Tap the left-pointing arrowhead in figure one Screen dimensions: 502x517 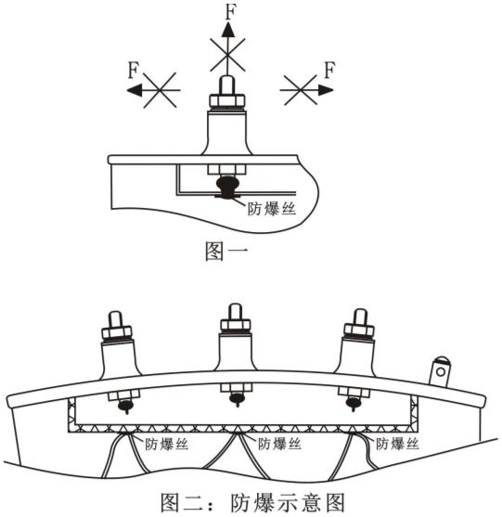tap(135, 90)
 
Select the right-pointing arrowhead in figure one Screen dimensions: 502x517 tap(326, 90)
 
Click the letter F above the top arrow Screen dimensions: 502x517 tap(231, 11)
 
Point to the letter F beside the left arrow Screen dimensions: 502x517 tap(134, 71)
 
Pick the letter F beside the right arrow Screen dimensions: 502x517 tap(329, 70)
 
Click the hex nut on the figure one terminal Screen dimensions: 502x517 tap(227, 100)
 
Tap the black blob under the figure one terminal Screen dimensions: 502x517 tap(227, 187)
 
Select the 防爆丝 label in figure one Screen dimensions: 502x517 tap(272, 209)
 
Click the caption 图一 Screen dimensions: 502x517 tap(225, 252)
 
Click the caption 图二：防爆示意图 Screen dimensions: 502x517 tap(252, 503)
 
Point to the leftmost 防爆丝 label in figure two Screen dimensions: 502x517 tap(166, 444)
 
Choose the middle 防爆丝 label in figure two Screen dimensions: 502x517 tap(279, 444)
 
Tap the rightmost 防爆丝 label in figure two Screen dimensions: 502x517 tap(397, 444)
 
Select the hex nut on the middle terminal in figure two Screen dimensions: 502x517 tap(235, 325)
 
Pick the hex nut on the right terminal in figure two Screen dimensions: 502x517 tap(359, 330)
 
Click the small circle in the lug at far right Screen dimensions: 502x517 tap(441, 372)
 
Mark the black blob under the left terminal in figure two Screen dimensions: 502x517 tap(125, 406)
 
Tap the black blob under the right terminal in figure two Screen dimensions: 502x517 tap(353, 403)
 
